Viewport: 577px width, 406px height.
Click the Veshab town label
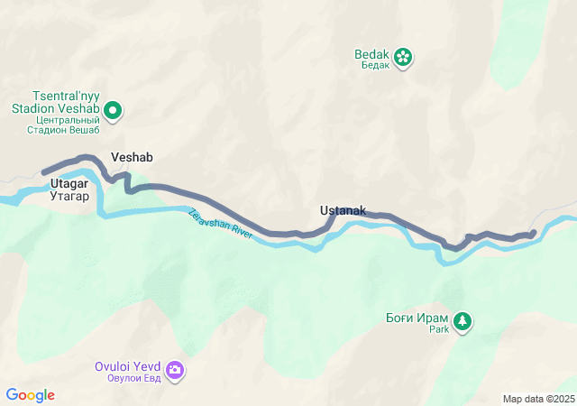tap(132, 157)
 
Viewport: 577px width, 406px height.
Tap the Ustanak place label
tap(343, 211)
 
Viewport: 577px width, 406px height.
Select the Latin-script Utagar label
tap(69, 183)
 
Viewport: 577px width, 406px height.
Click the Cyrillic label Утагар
tap(69, 195)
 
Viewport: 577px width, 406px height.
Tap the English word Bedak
tap(371, 53)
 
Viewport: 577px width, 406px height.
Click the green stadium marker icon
tap(113, 111)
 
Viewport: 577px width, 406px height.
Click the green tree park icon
tap(463, 320)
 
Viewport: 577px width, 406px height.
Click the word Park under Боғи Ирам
tap(438, 330)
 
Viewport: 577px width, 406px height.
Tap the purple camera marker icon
tap(175, 369)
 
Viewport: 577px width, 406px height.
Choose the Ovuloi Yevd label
tap(127, 366)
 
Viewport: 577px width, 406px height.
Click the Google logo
tap(30, 395)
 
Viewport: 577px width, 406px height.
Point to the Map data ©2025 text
tap(538, 399)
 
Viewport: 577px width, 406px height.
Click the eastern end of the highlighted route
tap(533, 234)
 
